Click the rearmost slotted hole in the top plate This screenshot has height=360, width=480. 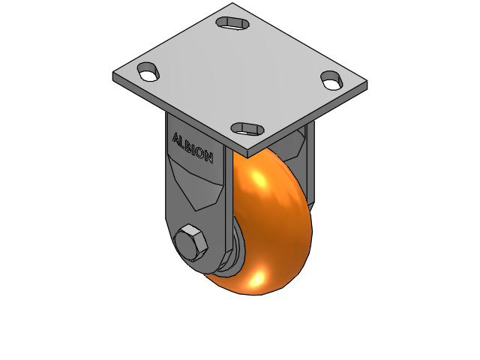(x=231, y=22)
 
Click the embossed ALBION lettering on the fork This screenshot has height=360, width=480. (x=193, y=148)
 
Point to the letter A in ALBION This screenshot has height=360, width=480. (x=176, y=139)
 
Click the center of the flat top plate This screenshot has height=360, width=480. (x=240, y=75)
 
